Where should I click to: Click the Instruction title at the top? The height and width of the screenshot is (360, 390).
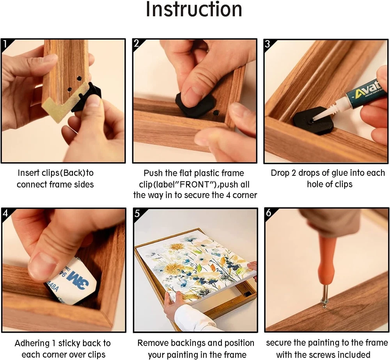tap(194, 9)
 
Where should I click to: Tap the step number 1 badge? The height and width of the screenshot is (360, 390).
tap(5, 44)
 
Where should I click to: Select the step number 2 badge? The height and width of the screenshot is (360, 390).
tap(136, 44)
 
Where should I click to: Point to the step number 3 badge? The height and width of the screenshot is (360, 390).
tap(268, 44)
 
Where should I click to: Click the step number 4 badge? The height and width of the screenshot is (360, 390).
tap(5, 213)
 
